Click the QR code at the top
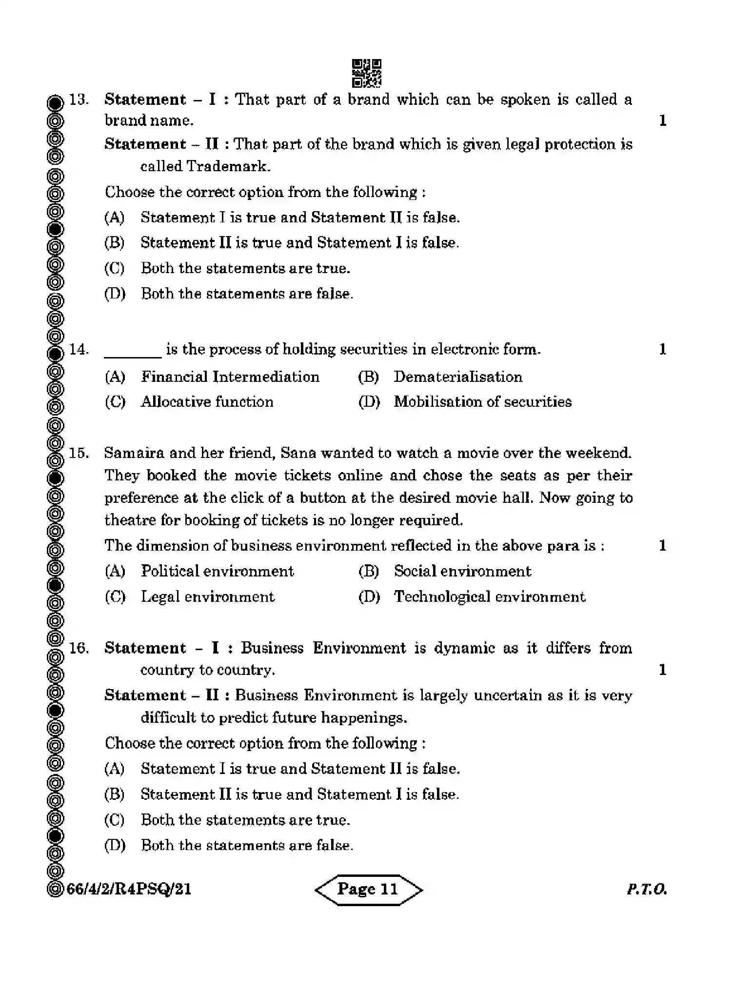click(x=366, y=73)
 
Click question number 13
click(x=79, y=99)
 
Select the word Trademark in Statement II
click(x=228, y=166)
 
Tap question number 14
click(x=79, y=349)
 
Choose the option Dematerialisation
click(x=457, y=377)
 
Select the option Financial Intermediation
click(x=230, y=377)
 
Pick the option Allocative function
click(x=207, y=402)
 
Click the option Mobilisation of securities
click(x=482, y=402)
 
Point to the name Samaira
click(x=134, y=453)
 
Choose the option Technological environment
click(x=489, y=596)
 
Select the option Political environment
click(x=217, y=571)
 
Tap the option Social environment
click(x=462, y=571)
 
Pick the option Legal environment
click(x=207, y=596)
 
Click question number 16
click(x=79, y=648)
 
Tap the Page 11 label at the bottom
click(x=368, y=890)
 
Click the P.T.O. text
click(x=646, y=890)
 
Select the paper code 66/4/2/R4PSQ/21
click(x=129, y=890)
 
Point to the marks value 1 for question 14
click(x=662, y=349)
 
